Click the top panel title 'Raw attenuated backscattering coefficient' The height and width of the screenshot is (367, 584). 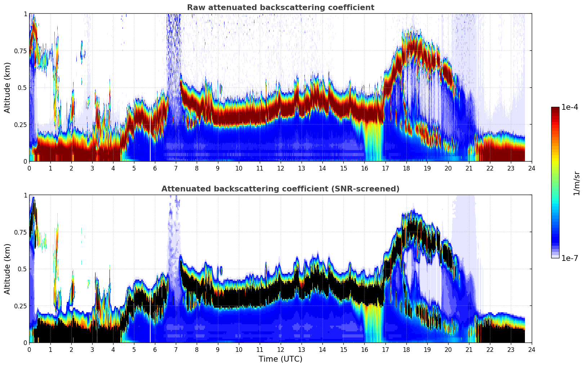pyautogui.click(x=280, y=8)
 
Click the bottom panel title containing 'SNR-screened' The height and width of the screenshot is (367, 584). pyautogui.click(x=280, y=189)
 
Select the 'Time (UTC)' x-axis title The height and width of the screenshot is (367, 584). pyautogui.click(x=280, y=359)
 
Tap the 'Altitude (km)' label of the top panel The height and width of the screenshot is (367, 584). pyautogui.click(x=8, y=87)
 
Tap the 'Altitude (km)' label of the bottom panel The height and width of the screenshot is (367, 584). pyautogui.click(x=8, y=269)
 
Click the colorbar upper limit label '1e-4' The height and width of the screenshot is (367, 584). pyautogui.click(x=570, y=107)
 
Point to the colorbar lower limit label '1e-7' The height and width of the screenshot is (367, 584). pyautogui.click(x=570, y=258)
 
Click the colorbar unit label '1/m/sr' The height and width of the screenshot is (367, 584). pyautogui.click(x=576, y=183)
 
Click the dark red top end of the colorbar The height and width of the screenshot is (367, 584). pyautogui.click(x=555, y=109)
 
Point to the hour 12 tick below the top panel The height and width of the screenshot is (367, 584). pyautogui.click(x=280, y=168)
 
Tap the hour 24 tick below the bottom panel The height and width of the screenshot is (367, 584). pyautogui.click(x=531, y=349)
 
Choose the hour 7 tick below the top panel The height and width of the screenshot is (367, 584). pyautogui.click(x=176, y=168)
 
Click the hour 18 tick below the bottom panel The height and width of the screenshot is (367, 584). pyautogui.click(x=406, y=349)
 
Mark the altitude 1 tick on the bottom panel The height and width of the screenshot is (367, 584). pyautogui.click(x=25, y=195)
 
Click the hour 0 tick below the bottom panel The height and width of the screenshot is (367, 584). pyautogui.click(x=29, y=349)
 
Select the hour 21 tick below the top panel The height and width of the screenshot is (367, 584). pyautogui.click(x=469, y=168)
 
